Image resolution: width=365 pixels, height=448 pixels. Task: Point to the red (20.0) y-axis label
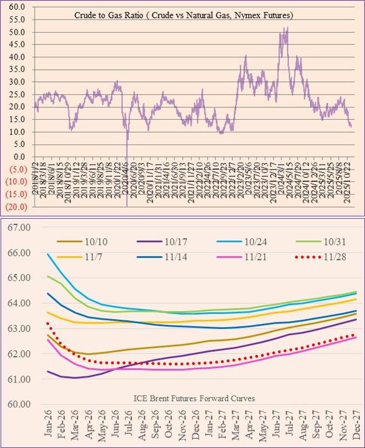[x=15, y=206]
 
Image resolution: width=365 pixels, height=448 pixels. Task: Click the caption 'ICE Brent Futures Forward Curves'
[x=194, y=398]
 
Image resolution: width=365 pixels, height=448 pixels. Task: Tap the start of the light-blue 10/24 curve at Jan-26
[x=48, y=254]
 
